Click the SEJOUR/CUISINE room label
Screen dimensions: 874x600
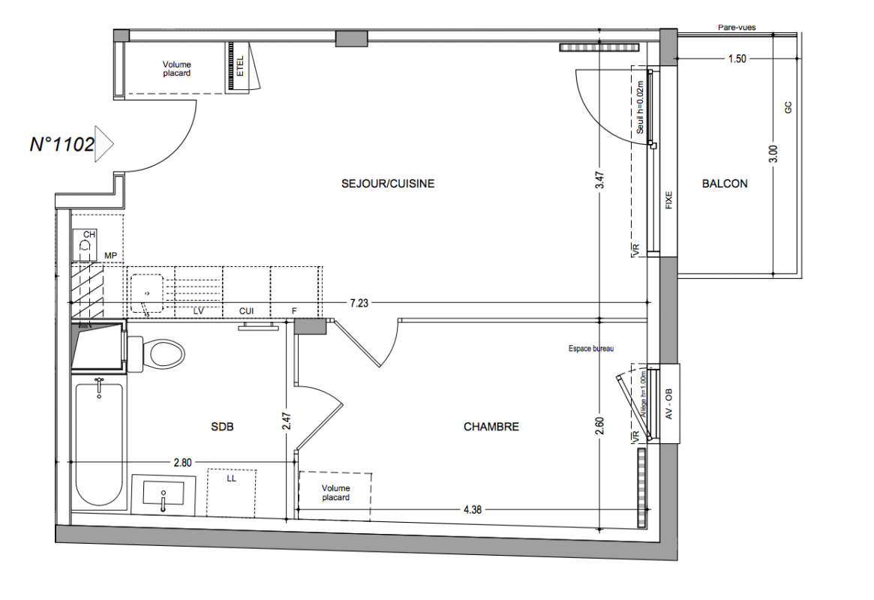tap(388, 183)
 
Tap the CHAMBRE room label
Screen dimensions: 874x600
tap(491, 427)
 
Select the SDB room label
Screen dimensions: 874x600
tap(222, 427)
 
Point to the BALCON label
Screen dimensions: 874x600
tap(725, 183)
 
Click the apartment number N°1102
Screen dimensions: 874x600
tap(62, 144)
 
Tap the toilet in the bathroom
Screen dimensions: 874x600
tap(156, 354)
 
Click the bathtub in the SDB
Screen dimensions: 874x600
tap(99, 443)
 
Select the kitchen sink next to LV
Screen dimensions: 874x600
tap(147, 293)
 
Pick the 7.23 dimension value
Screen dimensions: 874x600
tap(359, 303)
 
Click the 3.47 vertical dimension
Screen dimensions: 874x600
tap(599, 179)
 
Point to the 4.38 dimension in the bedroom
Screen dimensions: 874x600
tap(472, 509)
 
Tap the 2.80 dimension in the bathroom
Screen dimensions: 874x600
tap(183, 463)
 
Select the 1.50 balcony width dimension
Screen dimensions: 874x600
tap(737, 58)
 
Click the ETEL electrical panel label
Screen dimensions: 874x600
tap(240, 66)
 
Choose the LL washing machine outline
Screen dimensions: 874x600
tap(231, 493)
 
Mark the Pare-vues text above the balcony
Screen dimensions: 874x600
tap(737, 27)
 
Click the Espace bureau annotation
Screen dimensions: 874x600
tap(591, 349)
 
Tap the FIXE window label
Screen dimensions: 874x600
tap(669, 200)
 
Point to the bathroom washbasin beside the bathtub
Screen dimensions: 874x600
tap(163, 493)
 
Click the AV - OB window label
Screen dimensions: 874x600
tap(669, 403)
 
